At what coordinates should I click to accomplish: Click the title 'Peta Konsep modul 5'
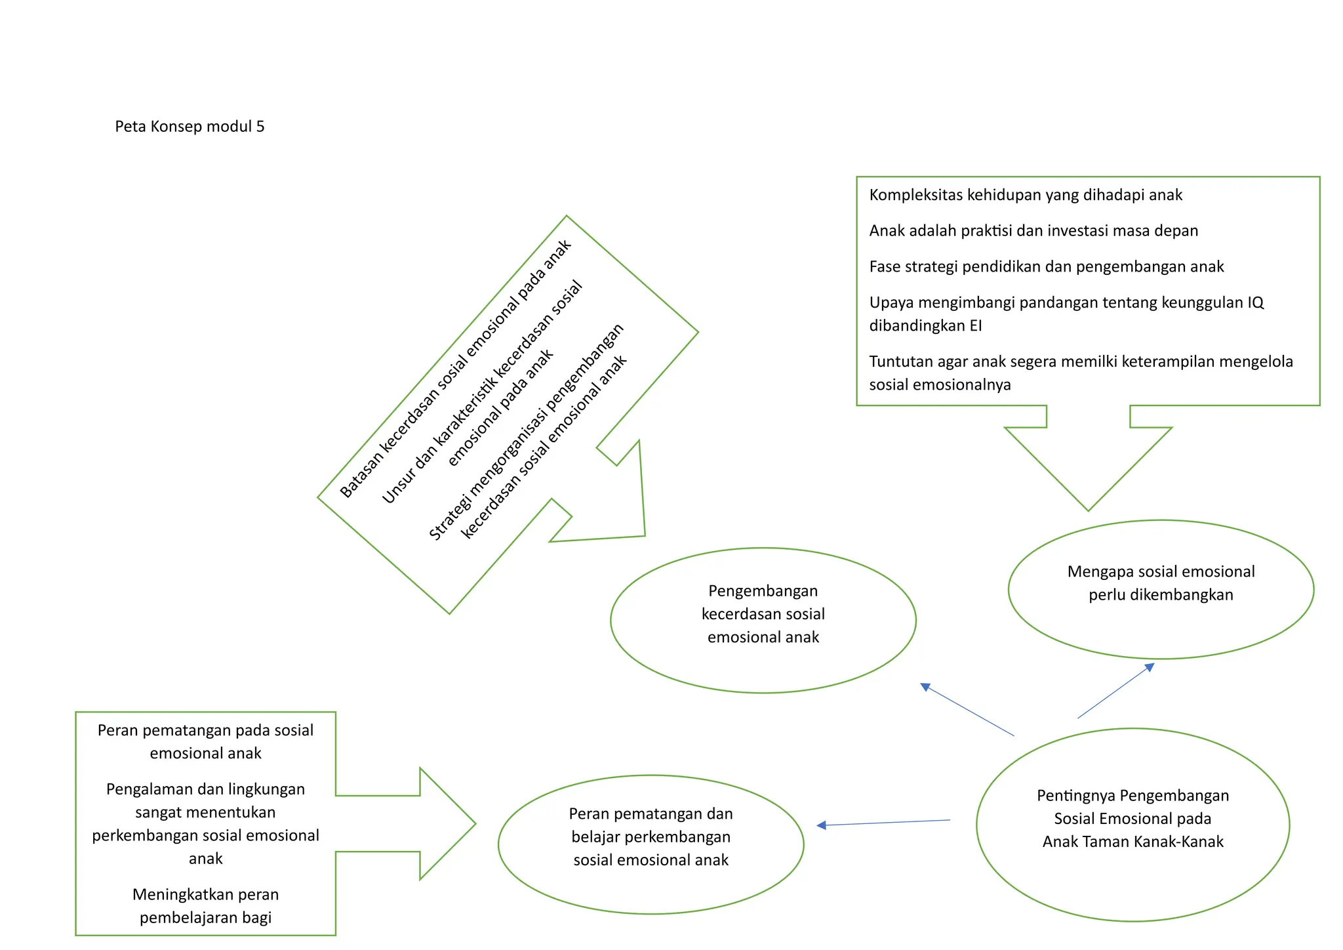click(x=190, y=127)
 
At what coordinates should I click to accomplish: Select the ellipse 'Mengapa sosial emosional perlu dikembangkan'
click(x=1161, y=589)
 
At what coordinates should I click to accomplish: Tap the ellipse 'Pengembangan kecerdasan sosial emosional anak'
click(x=763, y=620)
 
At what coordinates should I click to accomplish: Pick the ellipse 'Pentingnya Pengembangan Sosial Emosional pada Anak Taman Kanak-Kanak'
click(x=1133, y=824)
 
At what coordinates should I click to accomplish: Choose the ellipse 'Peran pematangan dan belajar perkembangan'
click(x=651, y=844)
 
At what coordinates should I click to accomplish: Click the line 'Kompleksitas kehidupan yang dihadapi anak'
click(x=1026, y=195)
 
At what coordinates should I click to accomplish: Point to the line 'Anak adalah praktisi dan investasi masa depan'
click(x=1033, y=231)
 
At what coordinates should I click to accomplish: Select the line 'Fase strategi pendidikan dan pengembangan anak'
click(x=1047, y=267)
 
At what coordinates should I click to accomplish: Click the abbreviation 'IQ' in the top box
click(x=1255, y=302)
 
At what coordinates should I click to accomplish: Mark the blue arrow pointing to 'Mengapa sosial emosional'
click(x=1115, y=691)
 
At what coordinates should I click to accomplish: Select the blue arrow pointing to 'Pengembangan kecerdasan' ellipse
click(x=967, y=710)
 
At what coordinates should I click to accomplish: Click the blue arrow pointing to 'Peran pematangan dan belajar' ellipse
click(x=883, y=823)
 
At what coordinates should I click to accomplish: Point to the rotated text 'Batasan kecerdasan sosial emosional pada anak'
click(x=455, y=369)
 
